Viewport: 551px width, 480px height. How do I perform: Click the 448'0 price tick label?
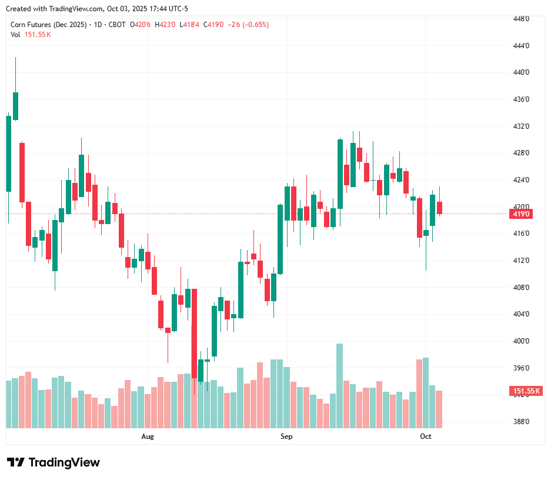click(x=522, y=19)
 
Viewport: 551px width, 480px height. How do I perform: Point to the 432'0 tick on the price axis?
click(x=522, y=126)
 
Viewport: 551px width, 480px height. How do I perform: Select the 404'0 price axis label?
click(x=522, y=314)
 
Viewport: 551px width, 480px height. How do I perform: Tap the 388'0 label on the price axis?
click(x=522, y=422)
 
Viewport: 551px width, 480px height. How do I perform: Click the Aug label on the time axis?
click(x=148, y=436)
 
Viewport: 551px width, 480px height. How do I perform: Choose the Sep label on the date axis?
click(x=286, y=436)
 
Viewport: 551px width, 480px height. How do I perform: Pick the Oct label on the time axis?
click(x=425, y=436)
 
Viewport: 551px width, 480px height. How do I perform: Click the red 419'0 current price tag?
click(x=522, y=214)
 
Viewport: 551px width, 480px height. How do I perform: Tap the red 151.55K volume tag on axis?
click(x=526, y=391)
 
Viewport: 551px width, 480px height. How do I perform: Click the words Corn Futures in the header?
click(x=32, y=25)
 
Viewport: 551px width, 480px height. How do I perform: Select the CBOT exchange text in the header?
click(x=118, y=25)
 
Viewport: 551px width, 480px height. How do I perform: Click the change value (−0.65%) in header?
click(x=253, y=25)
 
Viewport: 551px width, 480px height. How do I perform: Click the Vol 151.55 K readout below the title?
click(x=31, y=35)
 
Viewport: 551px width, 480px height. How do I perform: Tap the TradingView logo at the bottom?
click(x=53, y=462)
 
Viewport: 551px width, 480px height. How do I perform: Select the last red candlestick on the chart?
click(x=439, y=208)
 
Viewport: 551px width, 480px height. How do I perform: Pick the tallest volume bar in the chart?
click(x=339, y=385)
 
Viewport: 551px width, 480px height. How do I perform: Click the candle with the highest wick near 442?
click(x=15, y=106)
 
